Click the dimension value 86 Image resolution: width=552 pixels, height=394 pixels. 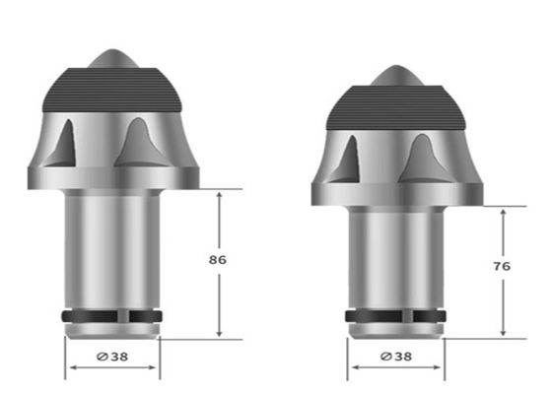218,260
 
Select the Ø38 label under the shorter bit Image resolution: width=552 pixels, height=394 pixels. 394,358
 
